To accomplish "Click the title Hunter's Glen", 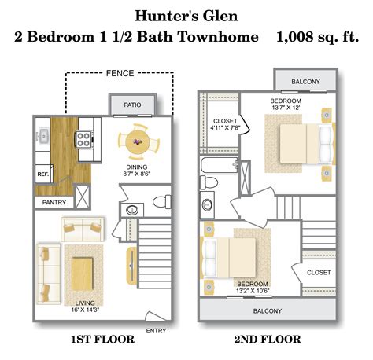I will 186,14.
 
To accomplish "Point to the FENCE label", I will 120,75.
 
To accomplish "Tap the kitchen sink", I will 44,138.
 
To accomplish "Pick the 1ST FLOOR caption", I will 103,340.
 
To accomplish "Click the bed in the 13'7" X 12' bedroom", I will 302,145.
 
